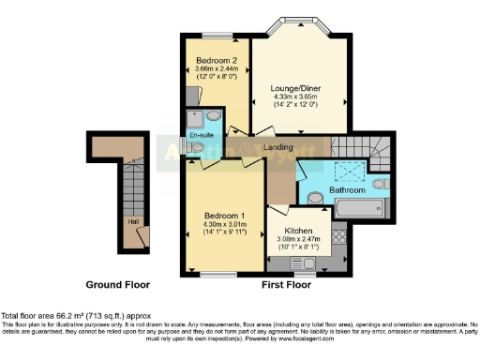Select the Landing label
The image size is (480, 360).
pos(277,148)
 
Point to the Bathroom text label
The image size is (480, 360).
pos(347,190)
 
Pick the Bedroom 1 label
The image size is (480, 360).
pos(224,214)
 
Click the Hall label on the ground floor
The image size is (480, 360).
pos(133,222)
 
